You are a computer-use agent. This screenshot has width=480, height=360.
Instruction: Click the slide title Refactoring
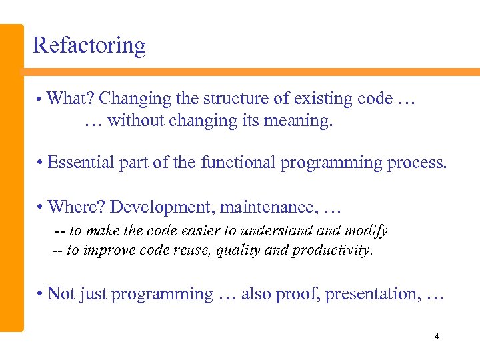pyautogui.click(x=89, y=45)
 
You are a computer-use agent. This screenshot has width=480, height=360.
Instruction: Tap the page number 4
pyautogui.click(x=437, y=337)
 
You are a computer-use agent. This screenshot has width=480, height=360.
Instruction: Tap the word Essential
pyautogui.click(x=78, y=163)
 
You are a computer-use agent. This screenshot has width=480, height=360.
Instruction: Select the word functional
pyautogui.click(x=239, y=163)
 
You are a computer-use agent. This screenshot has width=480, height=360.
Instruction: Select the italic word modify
pyautogui.click(x=366, y=231)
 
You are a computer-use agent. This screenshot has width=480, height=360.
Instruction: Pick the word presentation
pyautogui.click(x=373, y=294)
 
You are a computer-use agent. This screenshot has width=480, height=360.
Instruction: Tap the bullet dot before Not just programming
pyautogui.click(x=41, y=294)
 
